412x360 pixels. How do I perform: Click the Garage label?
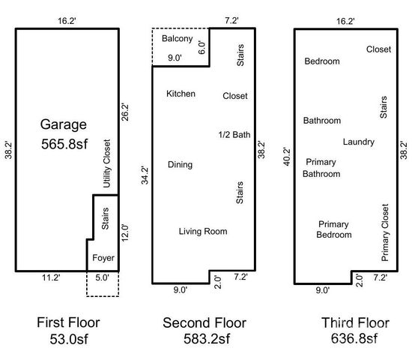tap(64, 124)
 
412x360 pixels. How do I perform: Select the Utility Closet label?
tap(107, 163)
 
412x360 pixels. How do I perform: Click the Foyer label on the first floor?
tap(103, 258)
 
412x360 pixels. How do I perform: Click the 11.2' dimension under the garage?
tap(51, 277)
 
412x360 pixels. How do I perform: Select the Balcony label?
tap(178, 39)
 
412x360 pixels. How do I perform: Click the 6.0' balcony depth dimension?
tap(201, 45)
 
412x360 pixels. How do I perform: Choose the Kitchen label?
tap(181, 94)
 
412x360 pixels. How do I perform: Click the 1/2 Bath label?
tap(234, 135)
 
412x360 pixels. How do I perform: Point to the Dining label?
tap(180, 165)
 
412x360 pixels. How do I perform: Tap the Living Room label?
tap(203, 231)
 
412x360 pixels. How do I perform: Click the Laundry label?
tap(358, 142)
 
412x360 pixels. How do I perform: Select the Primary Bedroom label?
tap(334, 229)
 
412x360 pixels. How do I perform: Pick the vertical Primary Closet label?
tap(385, 232)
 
